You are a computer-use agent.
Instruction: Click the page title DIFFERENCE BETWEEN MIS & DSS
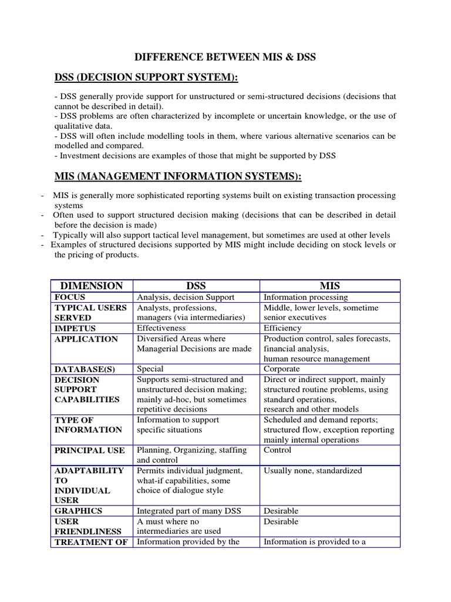click(225, 57)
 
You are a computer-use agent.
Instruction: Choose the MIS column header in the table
click(329, 286)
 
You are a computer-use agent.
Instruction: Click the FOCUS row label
click(70, 297)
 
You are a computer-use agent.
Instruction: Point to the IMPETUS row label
click(75, 328)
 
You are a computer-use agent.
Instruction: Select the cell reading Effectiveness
click(161, 328)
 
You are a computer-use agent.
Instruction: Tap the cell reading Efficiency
click(282, 328)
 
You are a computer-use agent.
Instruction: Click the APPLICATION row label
click(86, 339)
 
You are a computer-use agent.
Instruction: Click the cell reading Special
click(150, 369)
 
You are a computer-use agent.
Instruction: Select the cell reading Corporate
click(282, 369)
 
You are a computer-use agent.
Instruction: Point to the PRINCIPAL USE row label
click(89, 450)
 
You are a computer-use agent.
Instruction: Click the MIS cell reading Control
click(278, 450)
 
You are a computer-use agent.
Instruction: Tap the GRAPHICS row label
click(78, 511)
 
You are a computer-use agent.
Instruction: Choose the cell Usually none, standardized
click(313, 470)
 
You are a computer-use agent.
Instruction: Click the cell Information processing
click(305, 297)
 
